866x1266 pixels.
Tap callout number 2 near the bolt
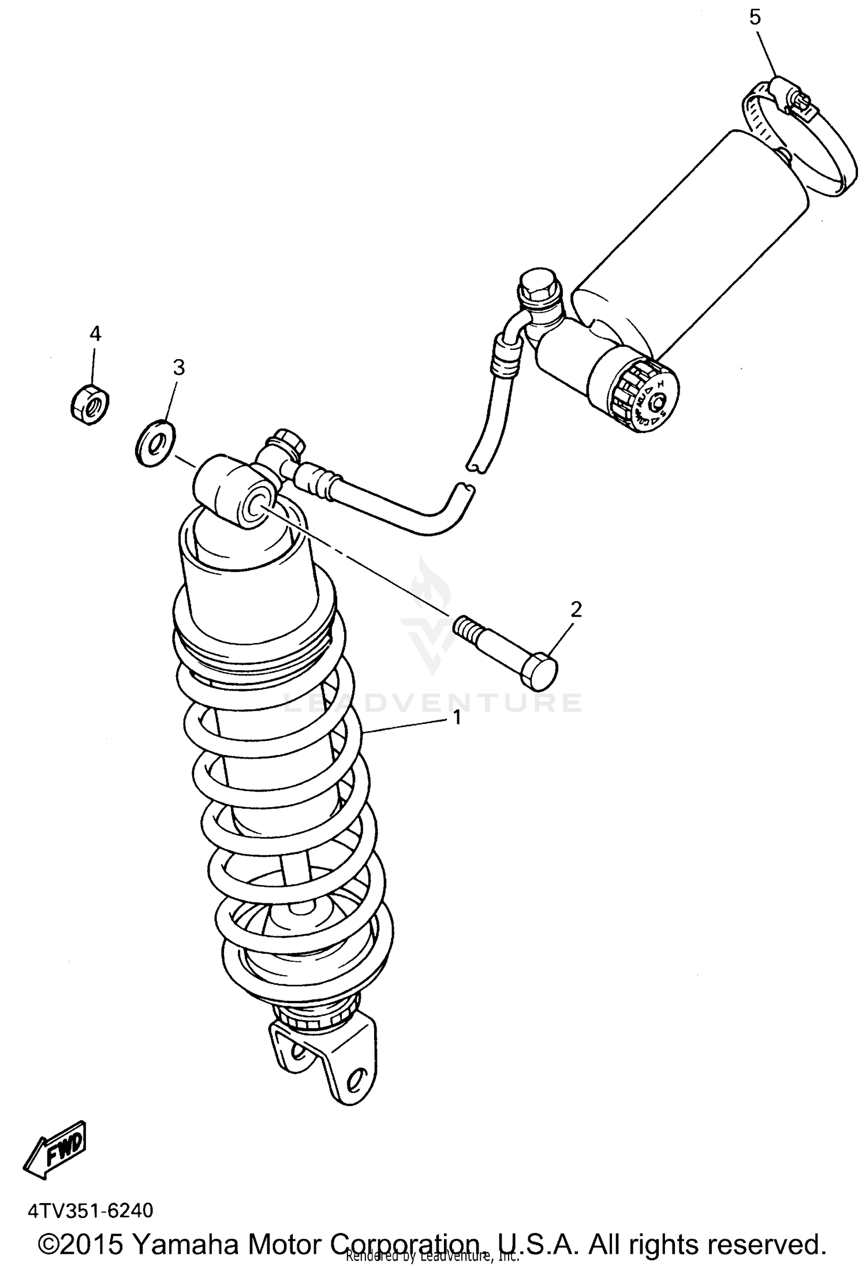click(576, 610)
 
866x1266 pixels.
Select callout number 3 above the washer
click(179, 367)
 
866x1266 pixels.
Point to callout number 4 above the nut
click(95, 334)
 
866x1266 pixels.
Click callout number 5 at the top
click(755, 17)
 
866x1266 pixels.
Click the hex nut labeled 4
click(90, 403)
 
